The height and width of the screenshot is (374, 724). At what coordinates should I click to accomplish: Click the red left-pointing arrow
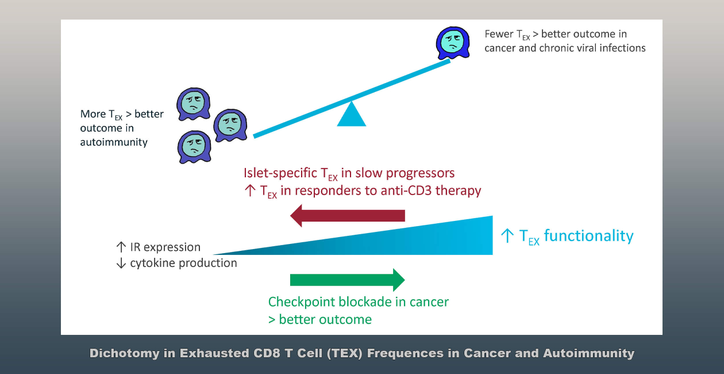[348, 216]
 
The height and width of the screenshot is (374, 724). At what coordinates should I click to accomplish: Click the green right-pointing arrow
[348, 280]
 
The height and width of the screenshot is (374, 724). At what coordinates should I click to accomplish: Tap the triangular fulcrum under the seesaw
[351, 115]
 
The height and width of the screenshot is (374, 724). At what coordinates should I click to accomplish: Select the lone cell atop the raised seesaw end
[452, 42]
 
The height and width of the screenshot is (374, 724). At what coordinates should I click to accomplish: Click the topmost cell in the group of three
[193, 104]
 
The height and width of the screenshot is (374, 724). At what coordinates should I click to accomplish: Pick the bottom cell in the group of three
[194, 147]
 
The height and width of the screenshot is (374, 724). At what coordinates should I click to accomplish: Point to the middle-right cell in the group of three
[230, 125]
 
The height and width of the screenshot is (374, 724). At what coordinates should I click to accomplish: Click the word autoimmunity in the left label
[114, 142]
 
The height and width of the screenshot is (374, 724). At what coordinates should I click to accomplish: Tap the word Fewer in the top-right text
[498, 35]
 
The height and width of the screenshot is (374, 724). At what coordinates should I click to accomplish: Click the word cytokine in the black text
[152, 263]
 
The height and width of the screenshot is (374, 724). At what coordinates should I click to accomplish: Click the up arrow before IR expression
[121, 247]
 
